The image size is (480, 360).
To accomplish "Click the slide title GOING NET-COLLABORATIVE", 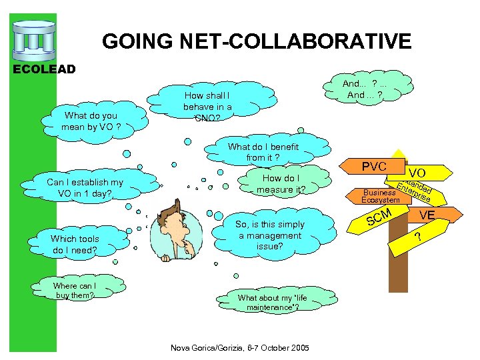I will click(x=257, y=42).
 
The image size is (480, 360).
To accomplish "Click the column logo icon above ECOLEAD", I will click(x=33, y=39).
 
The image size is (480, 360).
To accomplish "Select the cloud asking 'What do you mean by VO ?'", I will click(x=89, y=121).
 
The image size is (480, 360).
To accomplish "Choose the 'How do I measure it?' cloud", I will click(x=281, y=183).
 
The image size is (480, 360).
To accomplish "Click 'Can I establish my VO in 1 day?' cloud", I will click(x=85, y=188).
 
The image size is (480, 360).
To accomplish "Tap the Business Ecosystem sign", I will click(x=380, y=195).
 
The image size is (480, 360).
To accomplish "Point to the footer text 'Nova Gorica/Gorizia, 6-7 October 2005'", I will click(x=240, y=347).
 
